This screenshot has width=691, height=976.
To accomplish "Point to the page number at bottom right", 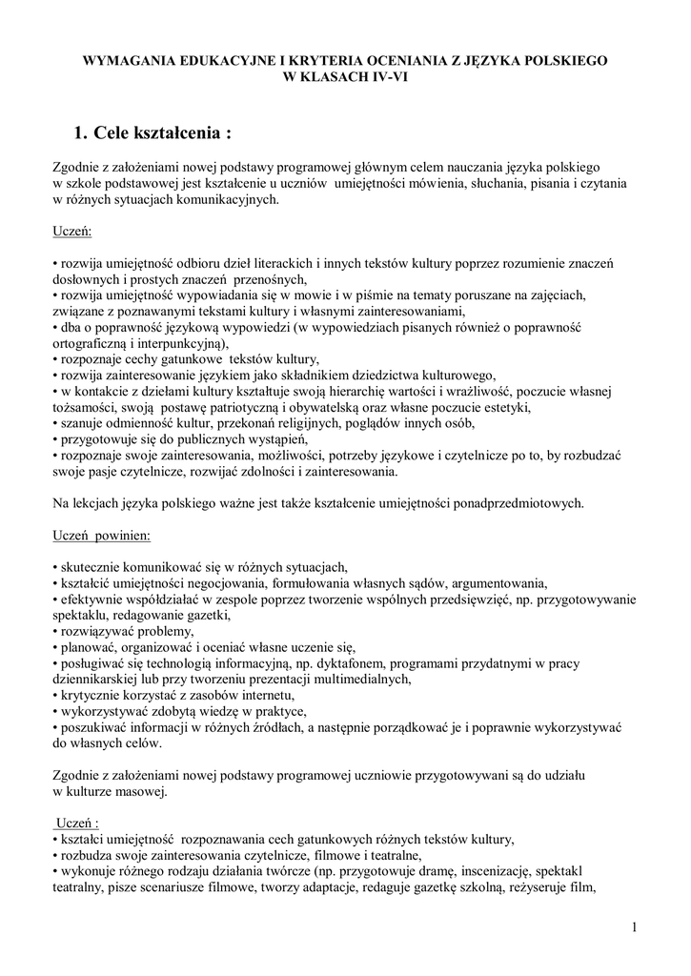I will (x=634, y=926).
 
